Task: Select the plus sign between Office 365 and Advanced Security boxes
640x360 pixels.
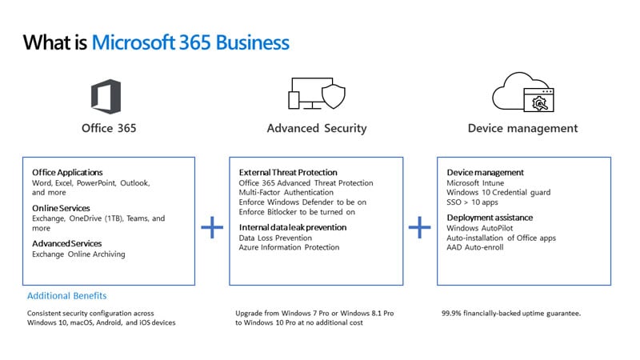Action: pyautogui.click(x=212, y=227)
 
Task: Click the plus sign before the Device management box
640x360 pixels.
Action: pyautogui.click(x=420, y=227)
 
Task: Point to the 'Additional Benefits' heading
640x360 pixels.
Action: pyautogui.click(x=67, y=296)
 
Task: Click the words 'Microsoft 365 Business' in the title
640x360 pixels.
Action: pyautogui.click(x=190, y=42)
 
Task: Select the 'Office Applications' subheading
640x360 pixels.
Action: pyautogui.click(x=67, y=172)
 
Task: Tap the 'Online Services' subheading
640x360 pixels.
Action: pyautogui.click(x=61, y=208)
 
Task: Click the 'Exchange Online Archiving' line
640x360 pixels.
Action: pyautogui.click(x=78, y=254)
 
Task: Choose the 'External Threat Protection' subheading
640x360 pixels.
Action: pyautogui.click(x=288, y=172)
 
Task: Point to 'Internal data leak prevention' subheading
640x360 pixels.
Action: pyautogui.click(x=292, y=227)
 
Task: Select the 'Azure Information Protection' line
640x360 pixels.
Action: pyautogui.click(x=289, y=248)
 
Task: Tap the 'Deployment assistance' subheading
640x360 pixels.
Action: pyautogui.click(x=490, y=218)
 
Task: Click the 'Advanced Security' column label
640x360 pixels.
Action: pyautogui.click(x=316, y=128)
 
